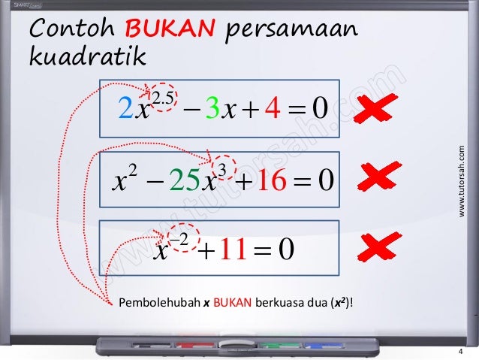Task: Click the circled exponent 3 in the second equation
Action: pyautogui.click(x=221, y=167)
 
